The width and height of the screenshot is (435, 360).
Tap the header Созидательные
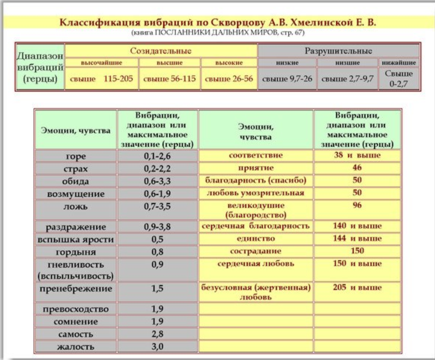[161, 50]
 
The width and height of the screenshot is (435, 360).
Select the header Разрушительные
[338, 50]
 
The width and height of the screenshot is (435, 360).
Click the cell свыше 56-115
[169, 79]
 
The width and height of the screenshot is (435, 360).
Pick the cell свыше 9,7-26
[287, 79]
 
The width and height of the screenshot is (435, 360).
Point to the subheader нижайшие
[399, 63]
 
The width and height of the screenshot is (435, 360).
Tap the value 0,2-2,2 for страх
[157, 169]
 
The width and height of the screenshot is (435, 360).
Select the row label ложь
[76, 207]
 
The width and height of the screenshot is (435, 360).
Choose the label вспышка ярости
[76, 240]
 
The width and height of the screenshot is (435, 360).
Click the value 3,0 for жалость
[157, 347]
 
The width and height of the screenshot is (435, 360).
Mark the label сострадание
[255, 251]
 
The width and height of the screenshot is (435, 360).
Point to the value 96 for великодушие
[357, 205]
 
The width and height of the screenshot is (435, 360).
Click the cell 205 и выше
[357, 287]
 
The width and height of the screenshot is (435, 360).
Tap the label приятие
[255, 168]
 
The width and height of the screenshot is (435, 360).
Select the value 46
[357, 168]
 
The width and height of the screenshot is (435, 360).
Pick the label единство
[255, 239]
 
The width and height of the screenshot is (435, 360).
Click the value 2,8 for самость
[157, 334]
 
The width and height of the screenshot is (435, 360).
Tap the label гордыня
[76, 252]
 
